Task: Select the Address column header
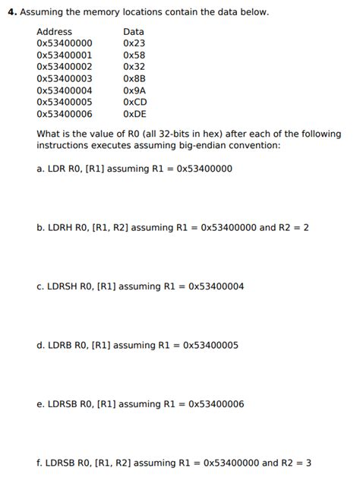tap(54, 32)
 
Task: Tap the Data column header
tap(133, 32)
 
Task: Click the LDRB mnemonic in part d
tap(60, 345)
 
